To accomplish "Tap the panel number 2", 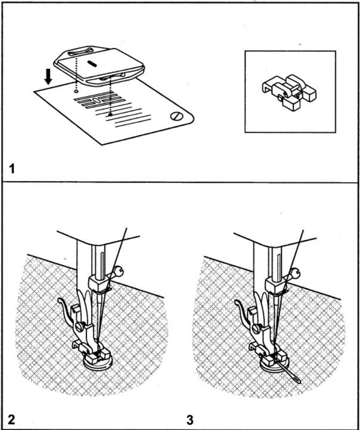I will click(x=11, y=418).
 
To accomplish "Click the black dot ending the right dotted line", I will click(x=110, y=115).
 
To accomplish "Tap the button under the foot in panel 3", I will click(x=273, y=366).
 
